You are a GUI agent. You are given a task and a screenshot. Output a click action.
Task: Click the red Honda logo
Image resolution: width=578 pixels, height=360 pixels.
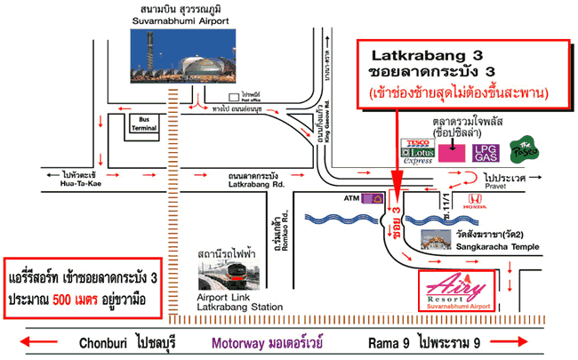[x=475, y=201]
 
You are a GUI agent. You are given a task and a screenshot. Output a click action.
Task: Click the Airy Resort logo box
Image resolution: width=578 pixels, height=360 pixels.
[x=464, y=292]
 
